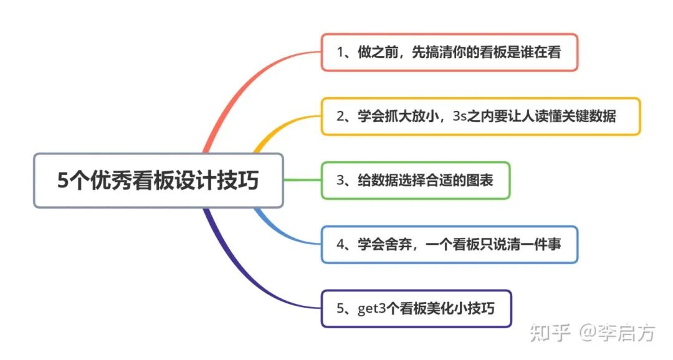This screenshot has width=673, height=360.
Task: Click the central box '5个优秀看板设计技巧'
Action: (158, 181)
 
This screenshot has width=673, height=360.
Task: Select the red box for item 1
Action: (449, 52)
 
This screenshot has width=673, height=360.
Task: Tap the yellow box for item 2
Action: (480, 116)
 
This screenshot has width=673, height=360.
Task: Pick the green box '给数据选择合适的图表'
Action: (416, 181)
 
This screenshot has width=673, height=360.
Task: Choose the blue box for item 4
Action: (449, 245)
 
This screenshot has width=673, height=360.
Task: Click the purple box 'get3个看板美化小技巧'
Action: (416, 308)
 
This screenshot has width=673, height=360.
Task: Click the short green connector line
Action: (302, 181)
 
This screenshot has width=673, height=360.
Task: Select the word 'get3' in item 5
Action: (371, 309)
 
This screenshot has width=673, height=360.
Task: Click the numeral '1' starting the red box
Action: (340, 52)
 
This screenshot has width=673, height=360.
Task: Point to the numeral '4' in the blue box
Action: (341, 245)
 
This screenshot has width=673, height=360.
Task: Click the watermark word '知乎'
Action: (550, 333)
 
